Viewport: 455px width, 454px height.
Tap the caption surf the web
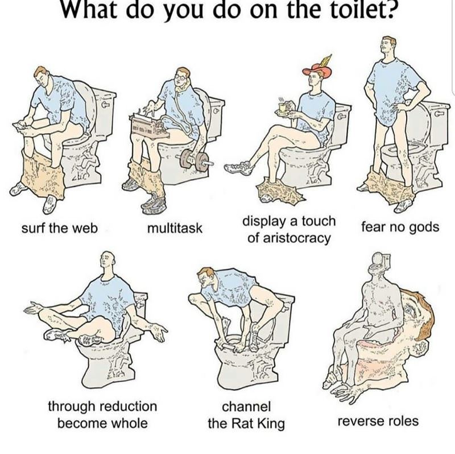coord(60,228)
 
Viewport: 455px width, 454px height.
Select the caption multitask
coord(175,229)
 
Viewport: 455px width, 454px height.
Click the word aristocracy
coord(289,238)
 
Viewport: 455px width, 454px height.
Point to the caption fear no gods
coord(400,227)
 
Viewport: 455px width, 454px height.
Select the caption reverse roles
coord(378,422)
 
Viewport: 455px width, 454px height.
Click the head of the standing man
coord(390,45)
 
